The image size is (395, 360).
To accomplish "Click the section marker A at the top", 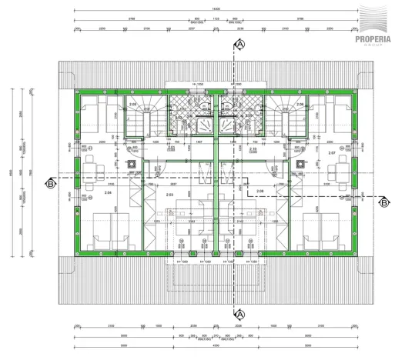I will pos(239,45).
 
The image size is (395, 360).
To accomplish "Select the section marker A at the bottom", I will pos(239,314).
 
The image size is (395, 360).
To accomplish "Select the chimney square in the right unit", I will pos(296,163).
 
